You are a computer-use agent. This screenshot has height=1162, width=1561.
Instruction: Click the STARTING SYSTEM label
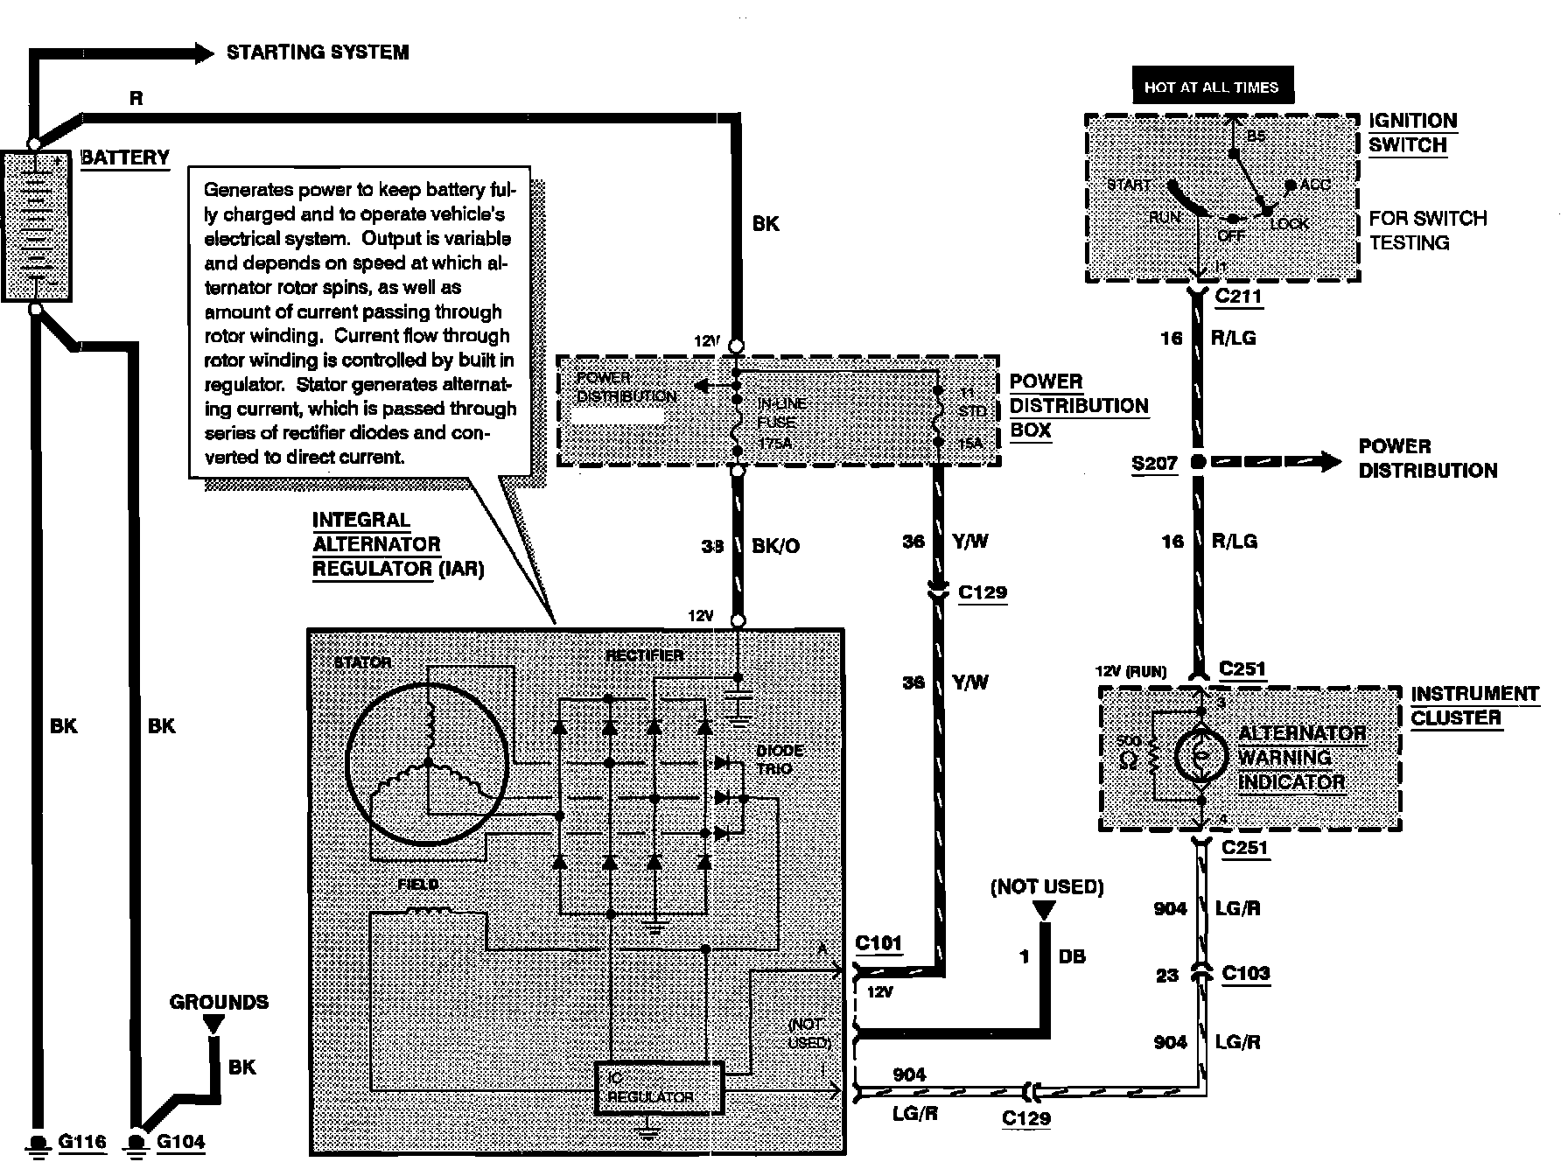click(318, 52)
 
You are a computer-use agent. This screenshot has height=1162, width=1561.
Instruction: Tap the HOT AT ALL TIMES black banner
click(1211, 87)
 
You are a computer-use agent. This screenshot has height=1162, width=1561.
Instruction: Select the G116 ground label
click(82, 1141)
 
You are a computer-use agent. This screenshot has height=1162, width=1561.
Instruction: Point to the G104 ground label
click(181, 1141)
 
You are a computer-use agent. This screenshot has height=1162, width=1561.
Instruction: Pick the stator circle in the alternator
click(427, 762)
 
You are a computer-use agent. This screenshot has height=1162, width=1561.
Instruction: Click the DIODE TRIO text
click(780, 759)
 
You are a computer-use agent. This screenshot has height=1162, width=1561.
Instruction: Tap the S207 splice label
click(1154, 463)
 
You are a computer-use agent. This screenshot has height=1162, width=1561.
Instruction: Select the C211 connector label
click(1238, 296)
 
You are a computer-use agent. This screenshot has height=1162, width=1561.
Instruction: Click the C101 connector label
click(878, 943)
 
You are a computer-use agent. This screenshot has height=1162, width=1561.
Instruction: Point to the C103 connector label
click(1245, 973)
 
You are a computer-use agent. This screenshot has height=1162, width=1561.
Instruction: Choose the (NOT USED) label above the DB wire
click(1046, 886)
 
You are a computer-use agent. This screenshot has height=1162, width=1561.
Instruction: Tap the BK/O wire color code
click(776, 546)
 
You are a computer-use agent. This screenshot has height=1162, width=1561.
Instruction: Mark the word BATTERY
click(125, 157)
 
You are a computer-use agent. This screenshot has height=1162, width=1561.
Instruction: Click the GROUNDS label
click(219, 1002)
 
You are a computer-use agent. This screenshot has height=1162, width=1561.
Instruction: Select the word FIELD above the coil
click(417, 885)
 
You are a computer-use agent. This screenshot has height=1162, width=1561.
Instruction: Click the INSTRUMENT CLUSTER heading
click(1474, 705)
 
